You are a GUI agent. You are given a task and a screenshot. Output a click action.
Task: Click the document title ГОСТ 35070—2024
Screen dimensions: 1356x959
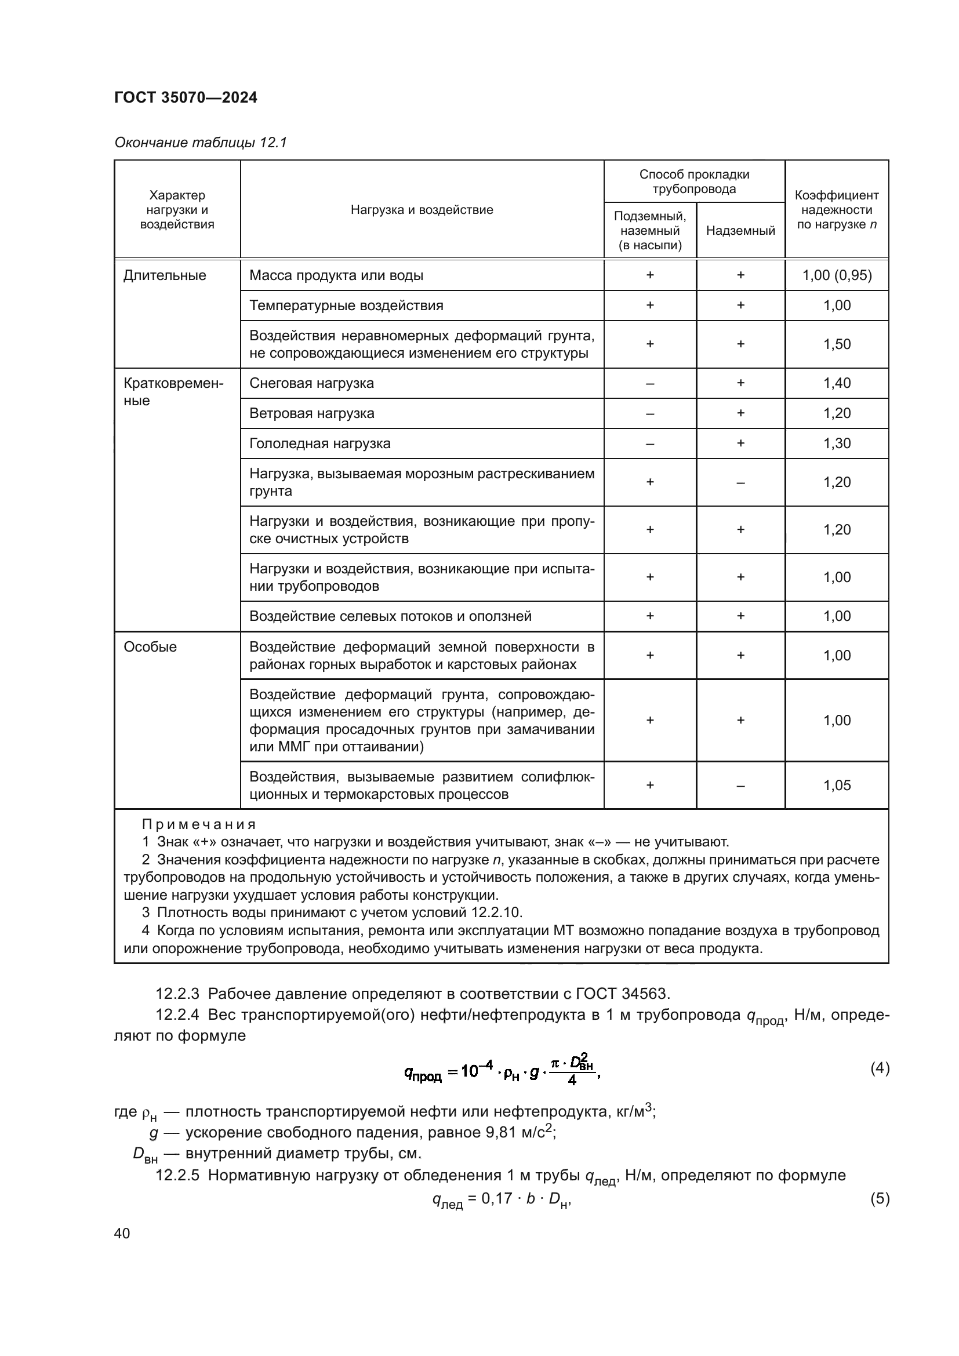pos(186,97)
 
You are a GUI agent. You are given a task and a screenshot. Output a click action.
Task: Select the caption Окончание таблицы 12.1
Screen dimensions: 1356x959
pos(200,143)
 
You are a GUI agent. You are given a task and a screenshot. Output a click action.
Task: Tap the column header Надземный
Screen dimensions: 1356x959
pos(740,231)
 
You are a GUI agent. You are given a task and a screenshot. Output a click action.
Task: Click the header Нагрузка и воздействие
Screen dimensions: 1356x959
pos(422,210)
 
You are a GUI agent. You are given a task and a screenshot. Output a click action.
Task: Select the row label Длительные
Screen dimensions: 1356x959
pos(165,275)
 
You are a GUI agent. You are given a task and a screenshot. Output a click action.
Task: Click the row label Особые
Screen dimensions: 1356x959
pos(150,647)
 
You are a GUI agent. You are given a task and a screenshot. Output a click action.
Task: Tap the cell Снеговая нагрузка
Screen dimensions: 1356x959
pos(311,383)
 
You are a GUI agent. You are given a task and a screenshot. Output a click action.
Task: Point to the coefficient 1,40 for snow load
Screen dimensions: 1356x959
pos(837,383)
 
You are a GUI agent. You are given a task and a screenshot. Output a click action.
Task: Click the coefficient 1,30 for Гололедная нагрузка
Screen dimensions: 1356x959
pos(837,443)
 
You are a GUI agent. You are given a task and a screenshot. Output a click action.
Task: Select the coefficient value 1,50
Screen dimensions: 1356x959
pos(837,344)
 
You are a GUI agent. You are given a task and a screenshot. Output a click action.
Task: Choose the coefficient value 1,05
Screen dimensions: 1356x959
pos(837,786)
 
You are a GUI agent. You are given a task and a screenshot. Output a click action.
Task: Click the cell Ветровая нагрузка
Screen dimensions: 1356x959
pos(311,413)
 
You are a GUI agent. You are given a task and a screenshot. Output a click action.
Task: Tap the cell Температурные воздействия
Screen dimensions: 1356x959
pos(346,306)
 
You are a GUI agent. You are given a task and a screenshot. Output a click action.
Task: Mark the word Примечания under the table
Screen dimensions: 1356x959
pos(198,824)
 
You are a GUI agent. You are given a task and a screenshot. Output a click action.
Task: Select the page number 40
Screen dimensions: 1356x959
pos(122,1233)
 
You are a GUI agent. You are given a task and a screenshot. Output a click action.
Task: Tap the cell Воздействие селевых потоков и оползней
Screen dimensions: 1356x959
pos(390,617)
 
